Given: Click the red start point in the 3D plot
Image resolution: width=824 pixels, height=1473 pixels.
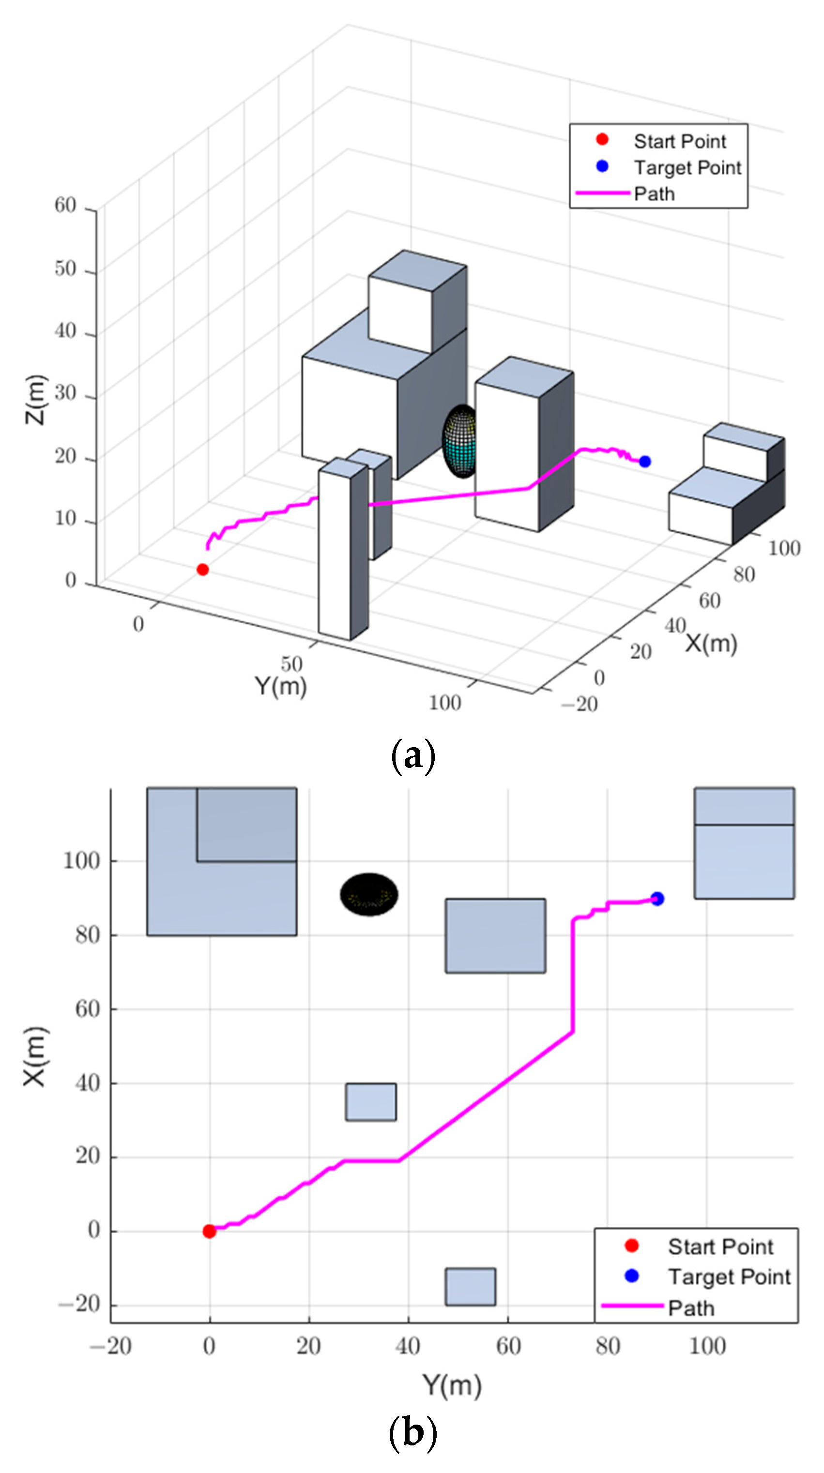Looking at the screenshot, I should (x=202, y=570).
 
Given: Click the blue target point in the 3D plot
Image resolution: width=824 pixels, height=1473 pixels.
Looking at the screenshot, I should (x=645, y=462).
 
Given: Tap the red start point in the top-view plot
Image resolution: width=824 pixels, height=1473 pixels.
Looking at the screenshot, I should (x=210, y=1231).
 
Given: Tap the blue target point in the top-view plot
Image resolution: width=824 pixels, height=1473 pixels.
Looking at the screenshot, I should (x=657, y=899).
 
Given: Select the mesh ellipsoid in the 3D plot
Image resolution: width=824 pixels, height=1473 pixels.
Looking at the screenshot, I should (x=460, y=441).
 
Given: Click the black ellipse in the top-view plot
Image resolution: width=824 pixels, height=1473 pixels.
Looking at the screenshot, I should (x=369, y=894).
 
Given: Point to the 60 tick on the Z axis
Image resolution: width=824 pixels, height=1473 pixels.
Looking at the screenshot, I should (x=65, y=205).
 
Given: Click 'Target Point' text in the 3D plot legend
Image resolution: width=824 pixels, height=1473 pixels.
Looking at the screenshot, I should (x=687, y=167).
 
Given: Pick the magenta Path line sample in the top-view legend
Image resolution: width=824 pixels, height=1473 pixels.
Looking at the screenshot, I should (x=632, y=1306).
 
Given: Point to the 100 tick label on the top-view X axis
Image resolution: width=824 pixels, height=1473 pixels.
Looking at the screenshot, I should (x=81, y=860).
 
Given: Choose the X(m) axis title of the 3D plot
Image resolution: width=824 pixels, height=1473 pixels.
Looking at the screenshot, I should (x=711, y=644).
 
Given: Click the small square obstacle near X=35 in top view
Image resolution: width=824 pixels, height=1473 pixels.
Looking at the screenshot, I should (x=371, y=1102).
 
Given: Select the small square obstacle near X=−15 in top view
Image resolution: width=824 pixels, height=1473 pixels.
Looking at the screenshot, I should (x=471, y=1287).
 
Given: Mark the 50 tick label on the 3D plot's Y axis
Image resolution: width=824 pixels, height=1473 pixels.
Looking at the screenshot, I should (x=291, y=664).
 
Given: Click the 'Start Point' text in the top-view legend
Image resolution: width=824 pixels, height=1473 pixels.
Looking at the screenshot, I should (x=720, y=1247).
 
